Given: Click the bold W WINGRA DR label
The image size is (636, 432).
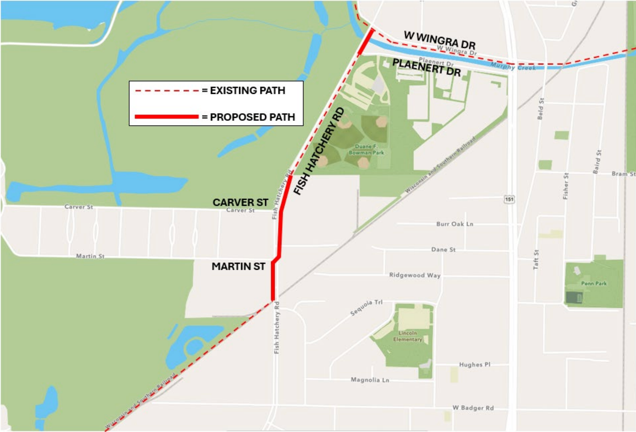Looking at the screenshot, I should (440, 40).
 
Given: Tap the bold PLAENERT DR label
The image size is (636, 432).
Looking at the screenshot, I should (426, 67).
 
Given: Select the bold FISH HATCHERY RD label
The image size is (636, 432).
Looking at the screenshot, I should (319, 151).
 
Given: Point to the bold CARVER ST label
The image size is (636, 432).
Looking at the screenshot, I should (240, 202).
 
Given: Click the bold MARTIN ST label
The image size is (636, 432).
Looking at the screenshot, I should (238, 266).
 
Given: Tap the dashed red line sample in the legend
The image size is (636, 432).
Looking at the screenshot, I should (167, 91).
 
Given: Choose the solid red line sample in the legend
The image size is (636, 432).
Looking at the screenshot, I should (167, 117).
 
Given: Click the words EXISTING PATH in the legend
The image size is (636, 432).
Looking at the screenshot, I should (247, 90).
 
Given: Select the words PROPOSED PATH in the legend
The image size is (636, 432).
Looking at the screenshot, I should (252, 117).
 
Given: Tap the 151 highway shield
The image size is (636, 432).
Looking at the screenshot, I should (509, 199).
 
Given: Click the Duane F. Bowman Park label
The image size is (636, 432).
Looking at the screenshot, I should (366, 149).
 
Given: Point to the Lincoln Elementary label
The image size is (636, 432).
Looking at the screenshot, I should (408, 336).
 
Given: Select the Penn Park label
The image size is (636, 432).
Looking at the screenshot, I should (594, 283).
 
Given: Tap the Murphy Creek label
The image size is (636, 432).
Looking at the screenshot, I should (513, 66).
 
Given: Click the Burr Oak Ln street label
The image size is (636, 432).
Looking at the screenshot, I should (454, 224).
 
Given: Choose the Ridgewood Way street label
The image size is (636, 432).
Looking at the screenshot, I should (415, 275).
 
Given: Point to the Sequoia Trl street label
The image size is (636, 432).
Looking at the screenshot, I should (366, 307).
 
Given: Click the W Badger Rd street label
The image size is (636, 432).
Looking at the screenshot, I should (473, 408).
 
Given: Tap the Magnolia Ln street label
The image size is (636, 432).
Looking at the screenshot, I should (370, 380).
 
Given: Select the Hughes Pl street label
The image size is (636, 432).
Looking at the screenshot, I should (475, 364).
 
